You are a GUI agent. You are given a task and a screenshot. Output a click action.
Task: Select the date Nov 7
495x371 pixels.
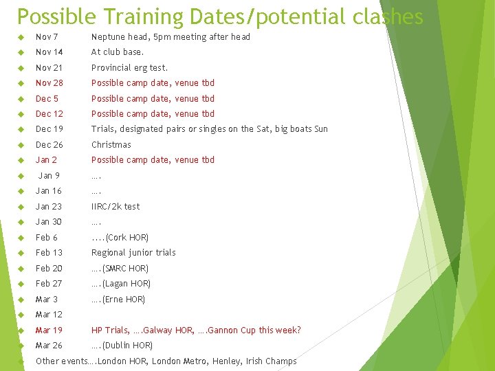click(47, 36)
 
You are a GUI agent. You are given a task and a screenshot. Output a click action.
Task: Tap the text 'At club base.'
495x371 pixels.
click(118, 52)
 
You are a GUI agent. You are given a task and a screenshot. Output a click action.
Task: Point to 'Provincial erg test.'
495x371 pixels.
click(129, 67)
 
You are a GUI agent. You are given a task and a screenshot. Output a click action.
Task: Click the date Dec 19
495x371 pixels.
click(49, 129)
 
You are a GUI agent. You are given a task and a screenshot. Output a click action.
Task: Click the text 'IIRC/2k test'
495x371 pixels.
click(115, 206)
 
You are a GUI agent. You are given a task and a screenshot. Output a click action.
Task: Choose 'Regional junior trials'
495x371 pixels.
click(133, 253)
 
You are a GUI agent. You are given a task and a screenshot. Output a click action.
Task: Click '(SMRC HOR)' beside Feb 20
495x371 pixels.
click(125, 269)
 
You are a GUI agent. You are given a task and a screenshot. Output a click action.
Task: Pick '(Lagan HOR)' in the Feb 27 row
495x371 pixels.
click(126, 284)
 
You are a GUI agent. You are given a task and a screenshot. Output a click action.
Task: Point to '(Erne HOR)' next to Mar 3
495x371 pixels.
click(123, 300)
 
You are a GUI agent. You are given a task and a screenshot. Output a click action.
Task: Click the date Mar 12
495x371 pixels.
click(49, 315)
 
